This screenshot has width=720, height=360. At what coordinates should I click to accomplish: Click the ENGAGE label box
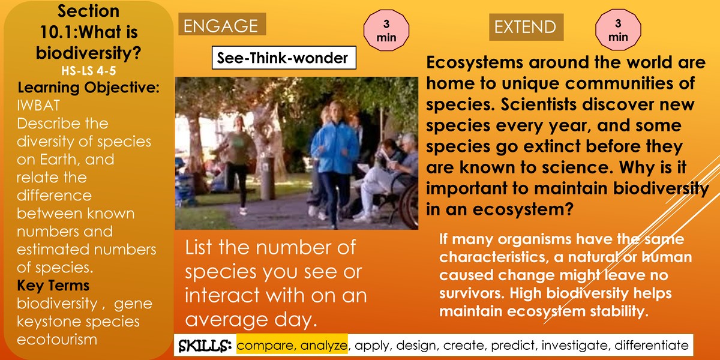(x=221, y=26)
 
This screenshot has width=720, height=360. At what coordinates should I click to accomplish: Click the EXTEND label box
(x=526, y=27)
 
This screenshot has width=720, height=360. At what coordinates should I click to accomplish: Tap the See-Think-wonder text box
(x=283, y=58)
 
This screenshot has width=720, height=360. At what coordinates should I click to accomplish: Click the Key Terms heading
(x=53, y=285)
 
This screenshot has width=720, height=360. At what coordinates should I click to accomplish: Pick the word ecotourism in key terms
(x=56, y=340)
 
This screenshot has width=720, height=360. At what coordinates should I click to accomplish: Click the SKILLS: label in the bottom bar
(x=205, y=346)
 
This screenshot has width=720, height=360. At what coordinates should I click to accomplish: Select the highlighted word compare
(x=266, y=346)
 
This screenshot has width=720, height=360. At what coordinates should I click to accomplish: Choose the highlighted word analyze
(x=323, y=346)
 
